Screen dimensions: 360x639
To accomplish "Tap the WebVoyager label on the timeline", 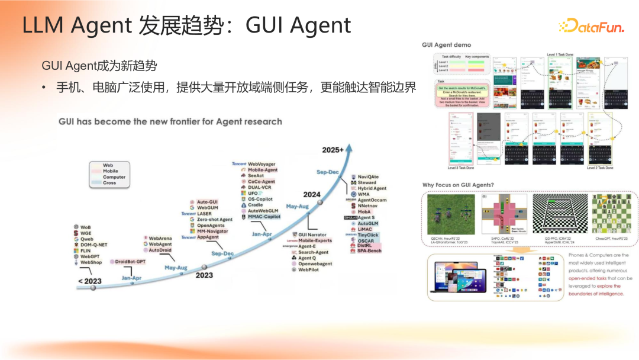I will pyautogui.click(x=263, y=163).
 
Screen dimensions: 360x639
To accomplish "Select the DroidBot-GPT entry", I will pyautogui.click(x=130, y=261).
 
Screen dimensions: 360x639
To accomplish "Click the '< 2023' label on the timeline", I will pyautogui.click(x=89, y=281).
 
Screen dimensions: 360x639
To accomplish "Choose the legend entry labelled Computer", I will pyautogui.click(x=114, y=177).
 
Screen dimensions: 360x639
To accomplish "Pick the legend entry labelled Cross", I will pyautogui.click(x=109, y=183).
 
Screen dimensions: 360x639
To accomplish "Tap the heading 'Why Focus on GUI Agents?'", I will pyautogui.click(x=458, y=185).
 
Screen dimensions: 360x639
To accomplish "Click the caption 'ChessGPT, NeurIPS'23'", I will pyautogui.click(x=612, y=240).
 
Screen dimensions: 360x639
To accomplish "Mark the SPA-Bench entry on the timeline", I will pyautogui.click(x=370, y=250).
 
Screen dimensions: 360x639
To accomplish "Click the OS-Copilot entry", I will pyautogui.click(x=260, y=199).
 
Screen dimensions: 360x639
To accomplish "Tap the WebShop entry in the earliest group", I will pyautogui.click(x=91, y=262).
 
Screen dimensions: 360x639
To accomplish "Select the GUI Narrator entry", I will pyautogui.click(x=312, y=235).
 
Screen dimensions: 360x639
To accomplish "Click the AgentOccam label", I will pyautogui.click(x=372, y=200).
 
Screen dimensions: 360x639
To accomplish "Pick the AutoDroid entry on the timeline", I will pyautogui.click(x=160, y=250).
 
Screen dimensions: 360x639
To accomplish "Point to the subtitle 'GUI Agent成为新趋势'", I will pyautogui.click(x=99, y=65).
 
